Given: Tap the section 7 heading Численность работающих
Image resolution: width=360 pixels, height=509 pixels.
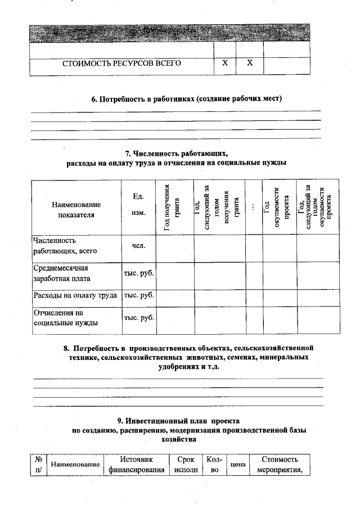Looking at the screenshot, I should pos(175,158).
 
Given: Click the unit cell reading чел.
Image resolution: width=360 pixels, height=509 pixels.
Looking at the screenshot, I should pos(138,246).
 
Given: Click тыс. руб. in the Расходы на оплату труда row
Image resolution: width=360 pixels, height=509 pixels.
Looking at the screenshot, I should pos(139,295).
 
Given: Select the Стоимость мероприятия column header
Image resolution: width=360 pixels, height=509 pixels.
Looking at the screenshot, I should pos(280,465).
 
